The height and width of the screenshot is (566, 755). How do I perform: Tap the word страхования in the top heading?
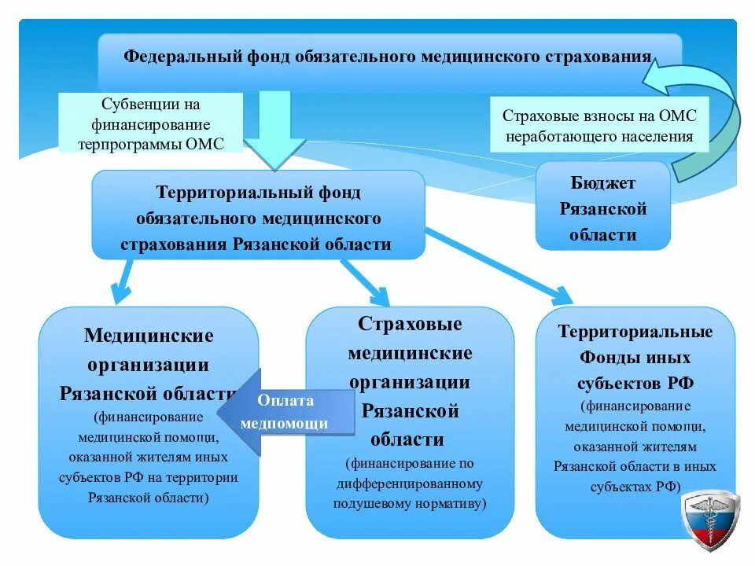[599, 57]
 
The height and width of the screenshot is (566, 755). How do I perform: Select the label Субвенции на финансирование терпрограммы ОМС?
[151, 123]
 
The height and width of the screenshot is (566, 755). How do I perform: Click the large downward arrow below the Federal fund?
[275, 130]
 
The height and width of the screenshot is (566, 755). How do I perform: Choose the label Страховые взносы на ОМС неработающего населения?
[599, 125]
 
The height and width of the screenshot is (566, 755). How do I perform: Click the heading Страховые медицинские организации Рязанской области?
[410, 381]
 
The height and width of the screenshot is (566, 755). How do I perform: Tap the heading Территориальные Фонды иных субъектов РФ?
[635, 357]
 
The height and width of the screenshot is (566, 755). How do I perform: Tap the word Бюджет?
[603, 183]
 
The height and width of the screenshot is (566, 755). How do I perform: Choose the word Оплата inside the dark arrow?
[285, 400]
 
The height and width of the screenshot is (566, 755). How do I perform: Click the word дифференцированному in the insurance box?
[409, 483]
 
